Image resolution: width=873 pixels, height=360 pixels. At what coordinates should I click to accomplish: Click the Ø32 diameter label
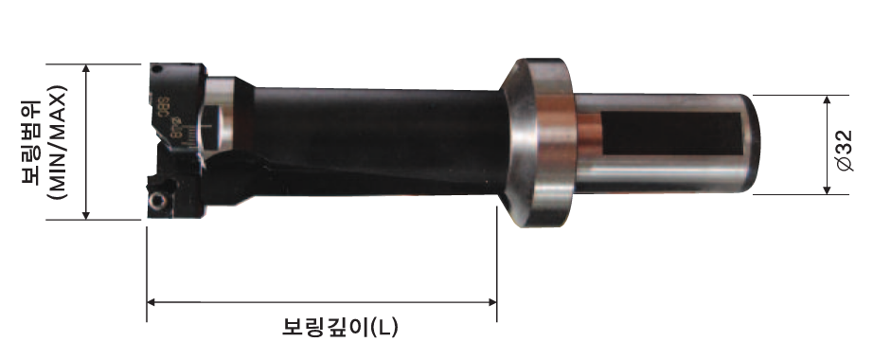click(x=845, y=151)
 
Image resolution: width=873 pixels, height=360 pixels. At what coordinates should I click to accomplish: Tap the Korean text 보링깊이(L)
click(x=340, y=327)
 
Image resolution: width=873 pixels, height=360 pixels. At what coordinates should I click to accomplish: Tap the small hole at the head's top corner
click(x=157, y=70)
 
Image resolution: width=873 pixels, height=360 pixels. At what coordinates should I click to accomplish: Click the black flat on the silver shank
click(x=672, y=134)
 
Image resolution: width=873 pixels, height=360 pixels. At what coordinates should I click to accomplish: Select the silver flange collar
click(x=537, y=142)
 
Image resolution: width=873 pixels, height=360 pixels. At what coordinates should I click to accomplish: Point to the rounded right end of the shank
click(x=751, y=144)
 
